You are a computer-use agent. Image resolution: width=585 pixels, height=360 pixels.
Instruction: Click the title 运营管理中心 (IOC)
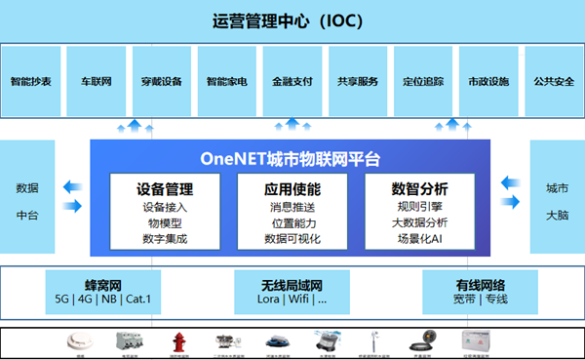292,20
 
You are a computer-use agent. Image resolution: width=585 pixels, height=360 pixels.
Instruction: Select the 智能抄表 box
32,81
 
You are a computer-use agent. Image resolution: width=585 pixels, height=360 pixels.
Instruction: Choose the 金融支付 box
292,81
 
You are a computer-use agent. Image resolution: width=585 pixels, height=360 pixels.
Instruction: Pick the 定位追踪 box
423,81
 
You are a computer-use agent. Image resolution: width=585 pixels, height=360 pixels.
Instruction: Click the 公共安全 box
552,81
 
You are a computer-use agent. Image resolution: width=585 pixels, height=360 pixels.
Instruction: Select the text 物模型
165,222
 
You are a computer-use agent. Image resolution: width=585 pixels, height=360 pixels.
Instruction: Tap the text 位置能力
292,222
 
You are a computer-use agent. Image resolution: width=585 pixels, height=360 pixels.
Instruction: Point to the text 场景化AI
420,238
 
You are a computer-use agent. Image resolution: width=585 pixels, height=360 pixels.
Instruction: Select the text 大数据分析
420,222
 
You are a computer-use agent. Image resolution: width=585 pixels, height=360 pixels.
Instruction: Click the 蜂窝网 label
102,285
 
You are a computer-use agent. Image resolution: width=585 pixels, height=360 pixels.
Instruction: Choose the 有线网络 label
481,285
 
